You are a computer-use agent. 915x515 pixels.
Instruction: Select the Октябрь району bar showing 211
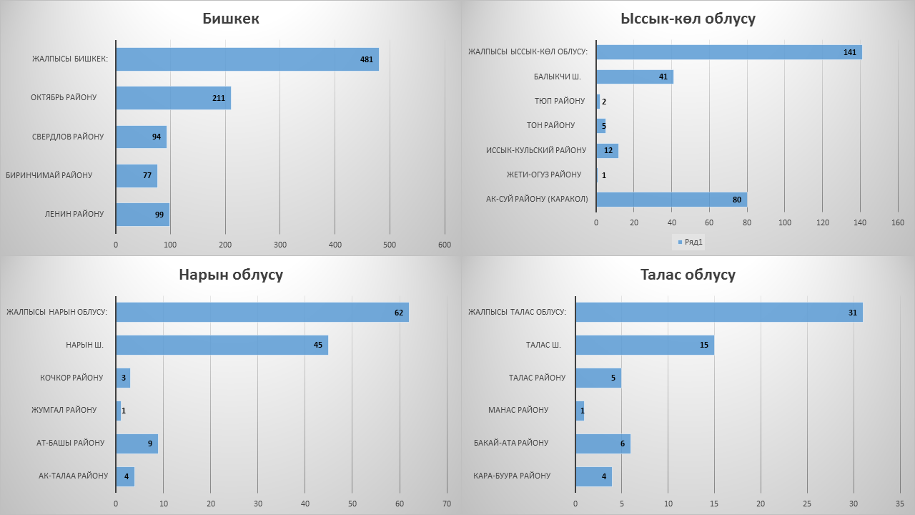[x=173, y=98]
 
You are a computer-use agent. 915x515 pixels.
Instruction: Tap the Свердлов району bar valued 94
[x=141, y=137]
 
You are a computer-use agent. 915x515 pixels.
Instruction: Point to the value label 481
[x=367, y=59]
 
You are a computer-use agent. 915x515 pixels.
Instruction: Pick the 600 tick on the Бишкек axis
[x=445, y=245]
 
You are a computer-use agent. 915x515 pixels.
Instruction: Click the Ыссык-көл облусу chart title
[x=688, y=19]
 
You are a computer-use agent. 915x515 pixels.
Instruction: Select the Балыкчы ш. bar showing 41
[x=634, y=77]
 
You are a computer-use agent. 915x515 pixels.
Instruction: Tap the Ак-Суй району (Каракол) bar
[x=671, y=200]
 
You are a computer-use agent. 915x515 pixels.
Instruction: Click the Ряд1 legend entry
[x=692, y=242]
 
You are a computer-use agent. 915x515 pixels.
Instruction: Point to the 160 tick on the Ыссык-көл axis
[x=897, y=223]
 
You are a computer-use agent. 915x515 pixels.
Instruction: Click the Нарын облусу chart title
[x=231, y=275]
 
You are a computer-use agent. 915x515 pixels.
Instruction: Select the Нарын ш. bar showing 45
[x=222, y=345]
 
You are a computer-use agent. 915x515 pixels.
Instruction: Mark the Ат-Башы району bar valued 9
[x=137, y=443]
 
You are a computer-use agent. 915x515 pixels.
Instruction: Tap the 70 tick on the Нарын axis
[x=447, y=504]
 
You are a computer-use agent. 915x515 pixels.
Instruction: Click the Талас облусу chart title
[x=688, y=275]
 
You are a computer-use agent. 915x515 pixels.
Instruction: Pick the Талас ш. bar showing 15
[x=644, y=345]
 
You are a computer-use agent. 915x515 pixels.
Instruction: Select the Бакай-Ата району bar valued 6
[x=603, y=443]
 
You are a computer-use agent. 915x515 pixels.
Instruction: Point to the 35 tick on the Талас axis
[x=898, y=504]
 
